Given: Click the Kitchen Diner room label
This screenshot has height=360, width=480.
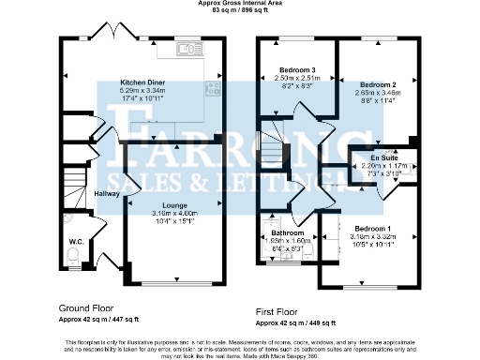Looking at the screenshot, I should (142, 82).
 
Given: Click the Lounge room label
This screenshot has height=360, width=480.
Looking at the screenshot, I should (173, 205).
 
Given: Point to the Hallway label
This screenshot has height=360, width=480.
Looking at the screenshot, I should (107, 193).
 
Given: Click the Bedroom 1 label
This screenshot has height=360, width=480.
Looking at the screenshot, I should (373, 228).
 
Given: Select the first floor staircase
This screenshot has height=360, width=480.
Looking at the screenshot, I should (272, 146).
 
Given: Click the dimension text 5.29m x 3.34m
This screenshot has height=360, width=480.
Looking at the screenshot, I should (142, 90).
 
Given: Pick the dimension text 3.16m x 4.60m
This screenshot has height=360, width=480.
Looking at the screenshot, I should (173, 213).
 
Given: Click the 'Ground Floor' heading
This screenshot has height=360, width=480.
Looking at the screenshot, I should (87, 307).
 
